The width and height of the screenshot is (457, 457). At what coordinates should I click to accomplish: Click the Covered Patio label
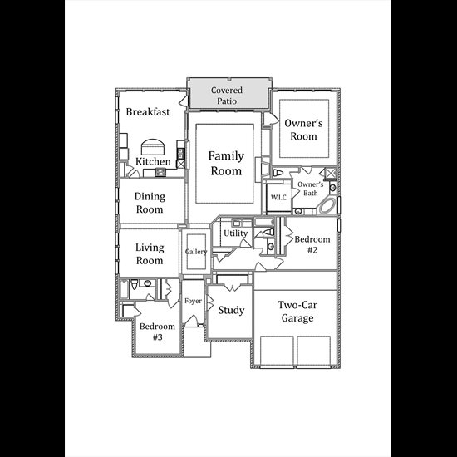[x=227, y=96]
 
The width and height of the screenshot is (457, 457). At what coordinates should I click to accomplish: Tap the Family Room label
[x=226, y=163]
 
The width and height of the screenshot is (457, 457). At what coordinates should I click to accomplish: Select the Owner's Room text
[x=303, y=130]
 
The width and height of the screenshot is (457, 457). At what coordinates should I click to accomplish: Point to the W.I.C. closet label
[x=279, y=197]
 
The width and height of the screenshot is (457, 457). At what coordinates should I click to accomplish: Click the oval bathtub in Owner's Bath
[x=327, y=206]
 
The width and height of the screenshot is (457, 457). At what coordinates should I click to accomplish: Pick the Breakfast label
[x=148, y=111]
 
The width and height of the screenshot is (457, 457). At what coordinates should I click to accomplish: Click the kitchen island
[x=152, y=147]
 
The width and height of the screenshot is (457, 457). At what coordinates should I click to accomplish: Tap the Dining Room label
[x=150, y=203]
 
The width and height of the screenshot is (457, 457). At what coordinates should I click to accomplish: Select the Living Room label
[x=150, y=254]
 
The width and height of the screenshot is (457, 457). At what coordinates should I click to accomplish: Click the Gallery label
[x=196, y=252]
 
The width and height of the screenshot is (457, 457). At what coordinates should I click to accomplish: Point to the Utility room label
[x=235, y=233]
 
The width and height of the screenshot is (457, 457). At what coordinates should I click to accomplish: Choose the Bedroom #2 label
[x=312, y=244]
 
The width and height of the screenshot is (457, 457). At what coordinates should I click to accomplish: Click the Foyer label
[x=193, y=301]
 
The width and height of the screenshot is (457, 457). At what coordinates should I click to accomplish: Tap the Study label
[x=231, y=310]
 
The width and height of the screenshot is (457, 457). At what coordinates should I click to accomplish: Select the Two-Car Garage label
[x=297, y=312]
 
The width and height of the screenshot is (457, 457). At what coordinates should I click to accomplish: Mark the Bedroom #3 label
[x=157, y=332]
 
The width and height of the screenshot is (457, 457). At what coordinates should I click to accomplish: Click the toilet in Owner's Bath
[x=278, y=173]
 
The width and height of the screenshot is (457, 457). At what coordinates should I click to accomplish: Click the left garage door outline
[x=277, y=351]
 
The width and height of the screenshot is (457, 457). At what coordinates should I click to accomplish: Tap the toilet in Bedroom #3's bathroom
[x=134, y=284]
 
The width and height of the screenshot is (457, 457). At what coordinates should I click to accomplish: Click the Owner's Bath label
[x=311, y=189]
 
